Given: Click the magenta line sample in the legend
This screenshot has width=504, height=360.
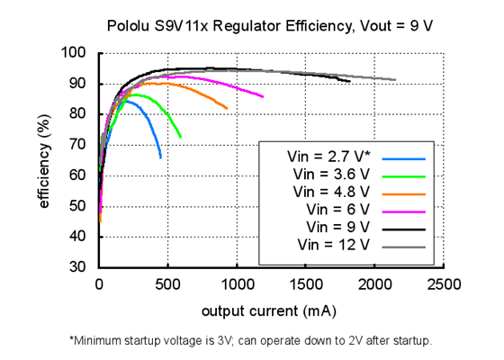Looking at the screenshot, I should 403,209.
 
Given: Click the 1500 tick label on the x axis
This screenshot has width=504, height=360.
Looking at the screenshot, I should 305,284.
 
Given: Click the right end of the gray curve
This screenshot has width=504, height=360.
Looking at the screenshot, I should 394,79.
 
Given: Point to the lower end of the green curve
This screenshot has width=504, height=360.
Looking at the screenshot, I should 180,137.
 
